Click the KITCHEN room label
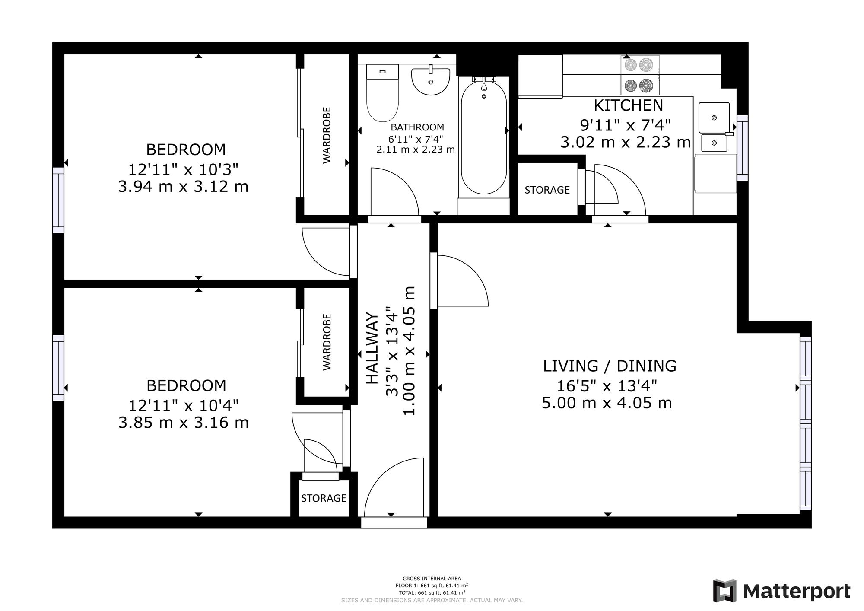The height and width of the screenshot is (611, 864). [x=628, y=105]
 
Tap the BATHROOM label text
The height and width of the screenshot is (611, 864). [x=417, y=127]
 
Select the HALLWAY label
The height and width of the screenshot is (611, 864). [x=372, y=348]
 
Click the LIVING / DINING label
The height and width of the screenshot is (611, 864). [x=610, y=366]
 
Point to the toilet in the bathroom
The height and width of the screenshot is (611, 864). [x=382, y=93]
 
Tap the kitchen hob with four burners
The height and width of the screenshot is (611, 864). [x=640, y=75]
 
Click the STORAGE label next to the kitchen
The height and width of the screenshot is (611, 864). [x=547, y=190]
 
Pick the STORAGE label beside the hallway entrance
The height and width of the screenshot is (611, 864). [x=324, y=498]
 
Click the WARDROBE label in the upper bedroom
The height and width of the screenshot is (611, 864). [x=327, y=135]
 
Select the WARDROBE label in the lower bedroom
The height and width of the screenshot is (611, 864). [x=327, y=342]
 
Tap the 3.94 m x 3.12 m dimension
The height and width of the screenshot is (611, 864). [x=183, y=187]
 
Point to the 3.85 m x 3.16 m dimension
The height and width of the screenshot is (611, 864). [x=184, y=422]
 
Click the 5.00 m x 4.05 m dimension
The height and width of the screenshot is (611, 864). [x=607, y=403]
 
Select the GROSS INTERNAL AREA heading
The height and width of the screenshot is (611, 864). [x=432, y=579]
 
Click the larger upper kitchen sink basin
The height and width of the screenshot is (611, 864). [x=714, y=117]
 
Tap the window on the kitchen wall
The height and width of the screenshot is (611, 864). [x=742, y=148]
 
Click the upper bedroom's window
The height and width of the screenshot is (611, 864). [x=58, y=200]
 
